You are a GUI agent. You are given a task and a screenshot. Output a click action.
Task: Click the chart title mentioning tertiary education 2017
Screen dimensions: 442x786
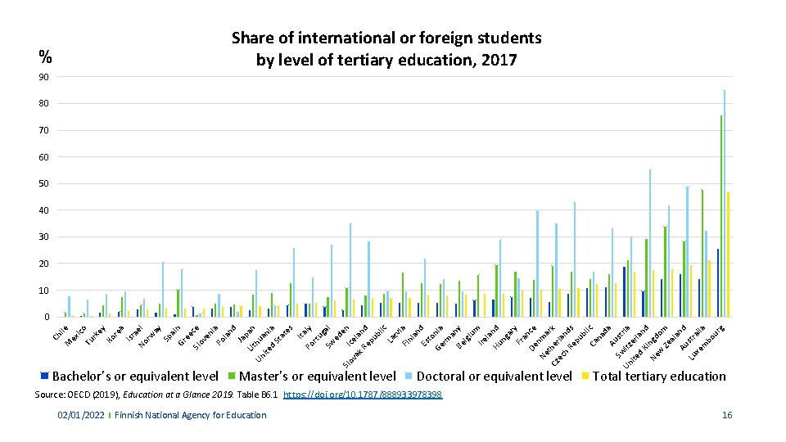(386, 49)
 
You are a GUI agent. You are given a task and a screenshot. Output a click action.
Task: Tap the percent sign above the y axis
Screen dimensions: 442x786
(46, 56)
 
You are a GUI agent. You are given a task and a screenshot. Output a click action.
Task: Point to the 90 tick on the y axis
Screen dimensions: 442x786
(43, 77)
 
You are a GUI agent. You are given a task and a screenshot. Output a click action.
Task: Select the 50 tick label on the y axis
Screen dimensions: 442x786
(43, 183)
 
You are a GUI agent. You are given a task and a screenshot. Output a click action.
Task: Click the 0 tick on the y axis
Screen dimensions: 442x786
(46, 317)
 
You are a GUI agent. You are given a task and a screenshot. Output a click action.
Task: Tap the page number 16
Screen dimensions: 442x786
(727, 415)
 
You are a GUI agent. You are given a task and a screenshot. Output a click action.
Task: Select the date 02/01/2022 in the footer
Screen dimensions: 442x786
(80, 415)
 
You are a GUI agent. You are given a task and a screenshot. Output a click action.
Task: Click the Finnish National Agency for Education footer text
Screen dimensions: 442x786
(190, 415)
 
